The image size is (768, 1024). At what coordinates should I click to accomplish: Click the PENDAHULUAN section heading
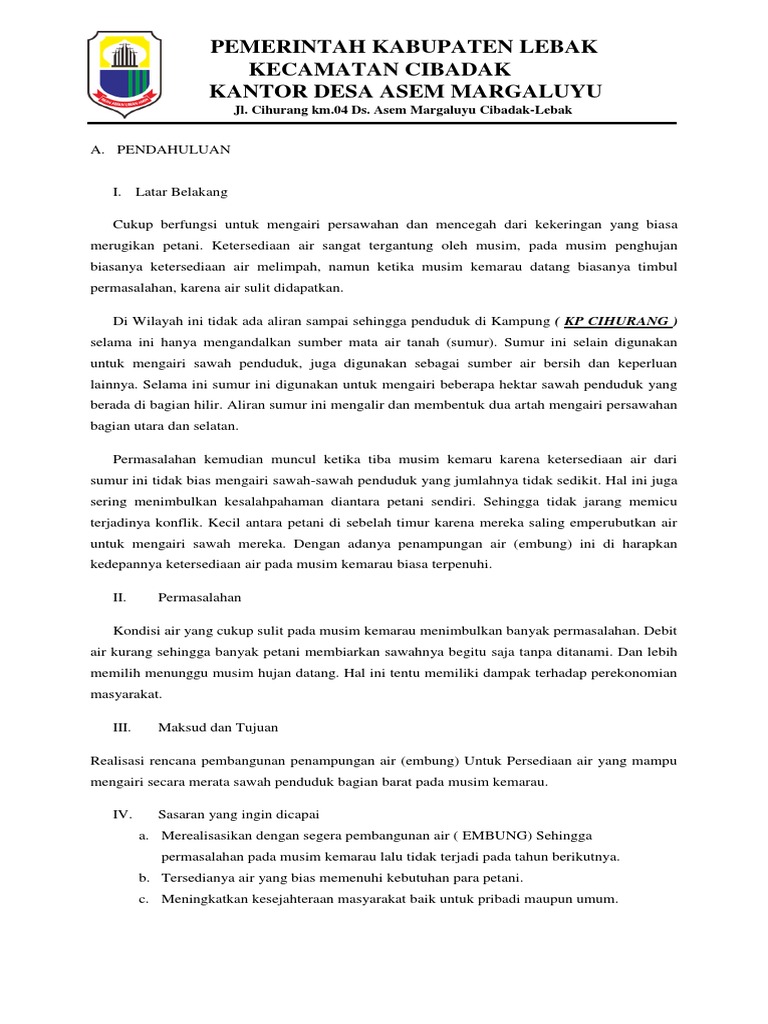[174, 149]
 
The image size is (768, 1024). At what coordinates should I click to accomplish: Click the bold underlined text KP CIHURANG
[617, 321]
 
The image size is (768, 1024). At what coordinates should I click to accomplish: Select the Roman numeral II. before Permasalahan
[119, 597]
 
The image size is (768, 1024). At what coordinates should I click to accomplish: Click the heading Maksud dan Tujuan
[218, 728]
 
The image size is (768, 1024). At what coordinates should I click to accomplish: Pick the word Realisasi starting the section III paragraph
[119, 762]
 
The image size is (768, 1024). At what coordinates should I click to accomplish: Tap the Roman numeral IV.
[121, 814]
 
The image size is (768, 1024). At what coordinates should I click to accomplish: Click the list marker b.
[144, 878]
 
